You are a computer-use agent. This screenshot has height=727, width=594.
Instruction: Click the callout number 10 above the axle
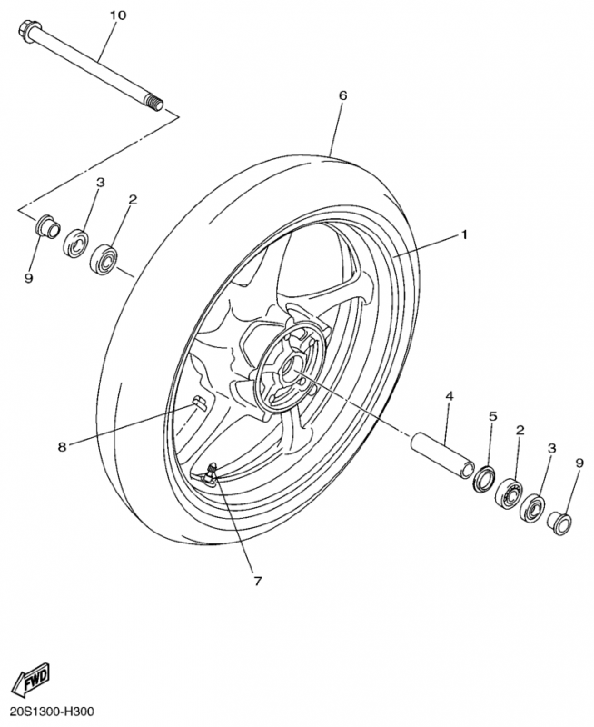click(x=117, y=15)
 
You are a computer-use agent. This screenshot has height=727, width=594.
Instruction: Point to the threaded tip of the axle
click(x=155, y=102)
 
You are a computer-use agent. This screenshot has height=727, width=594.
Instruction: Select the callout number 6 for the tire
click(x=342, y=95)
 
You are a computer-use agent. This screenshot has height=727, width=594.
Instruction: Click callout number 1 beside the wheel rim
click(x=463, y=235)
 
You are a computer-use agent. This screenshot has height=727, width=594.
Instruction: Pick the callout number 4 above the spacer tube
click(x=449, y=396)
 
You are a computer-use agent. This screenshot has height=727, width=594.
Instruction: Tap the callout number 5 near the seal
click(x=492, y=416)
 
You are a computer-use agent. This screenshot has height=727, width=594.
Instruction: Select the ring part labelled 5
click(x=484, y=479)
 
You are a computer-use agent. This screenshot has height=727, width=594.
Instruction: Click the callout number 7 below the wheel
click(x=258, y=581)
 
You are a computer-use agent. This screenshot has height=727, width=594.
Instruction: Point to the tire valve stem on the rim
click(x=212, y=473)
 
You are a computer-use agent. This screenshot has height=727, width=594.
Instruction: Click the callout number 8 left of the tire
click(x=62, y=447)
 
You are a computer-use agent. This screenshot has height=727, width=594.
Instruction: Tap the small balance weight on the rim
click(x=200, y=402)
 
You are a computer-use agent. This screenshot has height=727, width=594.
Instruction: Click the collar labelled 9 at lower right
click(x=559, y=524)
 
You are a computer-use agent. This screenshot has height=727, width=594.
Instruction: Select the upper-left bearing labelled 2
click(x=104, y=257)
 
